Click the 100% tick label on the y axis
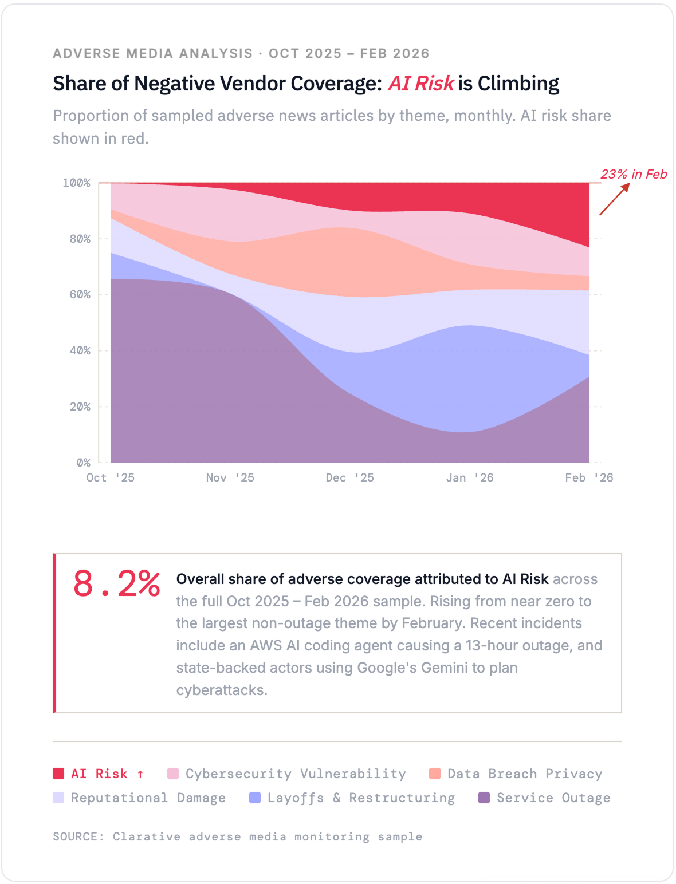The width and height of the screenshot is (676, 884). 76,183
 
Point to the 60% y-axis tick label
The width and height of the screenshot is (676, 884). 80,294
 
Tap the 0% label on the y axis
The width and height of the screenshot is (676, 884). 83,462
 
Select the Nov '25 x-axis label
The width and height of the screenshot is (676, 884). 230,477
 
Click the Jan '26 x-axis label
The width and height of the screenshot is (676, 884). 469,477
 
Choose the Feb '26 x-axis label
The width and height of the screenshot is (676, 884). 588,477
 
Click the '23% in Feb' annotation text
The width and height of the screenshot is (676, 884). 634,174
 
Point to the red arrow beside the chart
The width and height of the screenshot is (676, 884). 614,199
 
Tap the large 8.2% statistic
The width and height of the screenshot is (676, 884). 116,584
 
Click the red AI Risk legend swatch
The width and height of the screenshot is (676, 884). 58,773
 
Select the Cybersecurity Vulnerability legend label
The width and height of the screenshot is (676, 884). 295,773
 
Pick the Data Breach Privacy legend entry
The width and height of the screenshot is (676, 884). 524,773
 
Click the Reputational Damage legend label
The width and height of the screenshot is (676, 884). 148,798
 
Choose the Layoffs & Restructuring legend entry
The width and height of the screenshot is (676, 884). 360,798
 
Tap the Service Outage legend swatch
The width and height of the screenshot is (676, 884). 484,798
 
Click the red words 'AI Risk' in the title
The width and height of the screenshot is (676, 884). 421,84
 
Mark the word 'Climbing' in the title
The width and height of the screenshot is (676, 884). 518,84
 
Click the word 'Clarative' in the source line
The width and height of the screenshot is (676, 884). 146,836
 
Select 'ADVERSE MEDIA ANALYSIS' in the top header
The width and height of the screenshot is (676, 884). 152,53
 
